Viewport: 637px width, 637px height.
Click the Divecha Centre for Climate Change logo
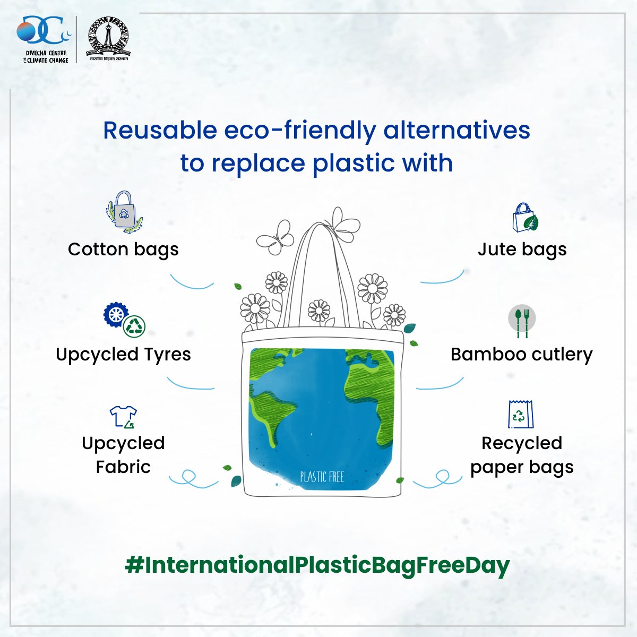coord(44,39)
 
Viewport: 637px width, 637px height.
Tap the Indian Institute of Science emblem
coord(108,39)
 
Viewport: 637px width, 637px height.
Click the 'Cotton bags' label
coord(123,250)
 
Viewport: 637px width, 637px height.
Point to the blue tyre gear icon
coord(115,314)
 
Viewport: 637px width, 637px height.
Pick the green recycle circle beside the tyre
coord(134,326)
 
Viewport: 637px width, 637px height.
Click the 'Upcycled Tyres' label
coord(123,355)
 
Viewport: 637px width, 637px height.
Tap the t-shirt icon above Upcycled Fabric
coord(123,417)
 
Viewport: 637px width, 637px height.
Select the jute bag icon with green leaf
coord(526,218)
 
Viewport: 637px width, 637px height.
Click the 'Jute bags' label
coord(522,250)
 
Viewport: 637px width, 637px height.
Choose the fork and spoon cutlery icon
coord(522,321)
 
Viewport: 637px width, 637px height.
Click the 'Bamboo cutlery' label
coord(522,355)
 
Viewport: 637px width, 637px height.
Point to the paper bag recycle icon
coord(521,414)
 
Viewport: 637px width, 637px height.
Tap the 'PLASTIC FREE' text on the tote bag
coord(322,477)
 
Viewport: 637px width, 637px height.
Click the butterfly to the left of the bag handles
coord(276,237)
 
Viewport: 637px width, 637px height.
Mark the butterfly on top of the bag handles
coord(342,225)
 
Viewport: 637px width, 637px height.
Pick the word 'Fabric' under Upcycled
coord(123,467)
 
